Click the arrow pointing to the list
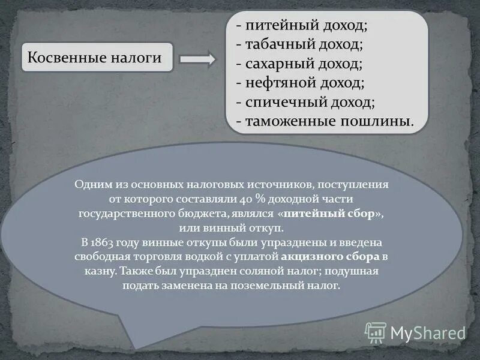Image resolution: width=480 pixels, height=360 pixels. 197,58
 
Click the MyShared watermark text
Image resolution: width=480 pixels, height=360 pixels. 428,333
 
